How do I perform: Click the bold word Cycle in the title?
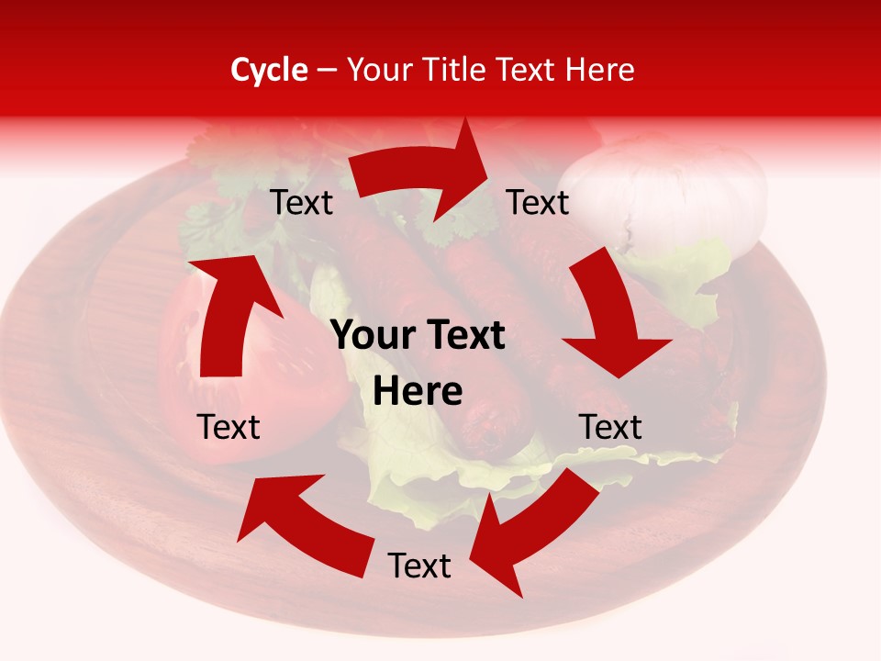pyautogui.click(x=269, y=70)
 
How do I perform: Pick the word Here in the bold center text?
pyautogui.click(x=418, y=392)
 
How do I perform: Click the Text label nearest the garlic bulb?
pyautogui.click(x=538, y=202)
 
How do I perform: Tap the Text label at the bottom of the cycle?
pyautogui.click(x=419, y=566)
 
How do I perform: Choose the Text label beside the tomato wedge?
pyautogui.click(x=229, y=427)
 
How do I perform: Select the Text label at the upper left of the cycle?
pyautogui.click(x=302, y=202)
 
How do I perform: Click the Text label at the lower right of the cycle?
pyautogui.click(x=610, y=427)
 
